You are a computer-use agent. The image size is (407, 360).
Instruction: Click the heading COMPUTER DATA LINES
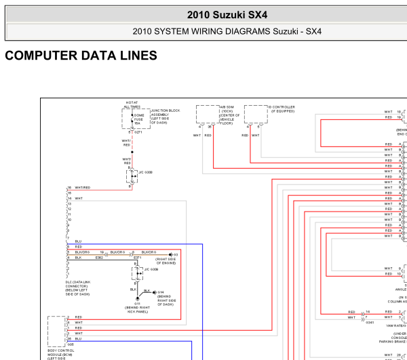point(81,56)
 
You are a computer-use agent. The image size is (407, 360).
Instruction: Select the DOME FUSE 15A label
point(139,119)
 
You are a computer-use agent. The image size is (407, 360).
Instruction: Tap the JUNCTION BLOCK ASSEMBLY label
point(165,116)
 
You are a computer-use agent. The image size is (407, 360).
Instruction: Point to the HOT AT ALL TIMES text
point(132,104)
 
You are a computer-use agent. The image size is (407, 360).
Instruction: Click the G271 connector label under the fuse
point(138,132)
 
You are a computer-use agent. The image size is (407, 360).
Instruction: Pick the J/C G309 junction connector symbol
point(137,273)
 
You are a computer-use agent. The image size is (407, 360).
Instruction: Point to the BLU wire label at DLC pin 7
point(78,241)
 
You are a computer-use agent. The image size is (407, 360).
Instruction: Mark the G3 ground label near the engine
point(174,254)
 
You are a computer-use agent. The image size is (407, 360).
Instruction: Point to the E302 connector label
point(100,258)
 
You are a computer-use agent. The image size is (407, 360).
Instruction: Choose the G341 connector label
point(370,322)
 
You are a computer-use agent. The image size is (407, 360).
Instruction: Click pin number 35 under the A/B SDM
point(210,126)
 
